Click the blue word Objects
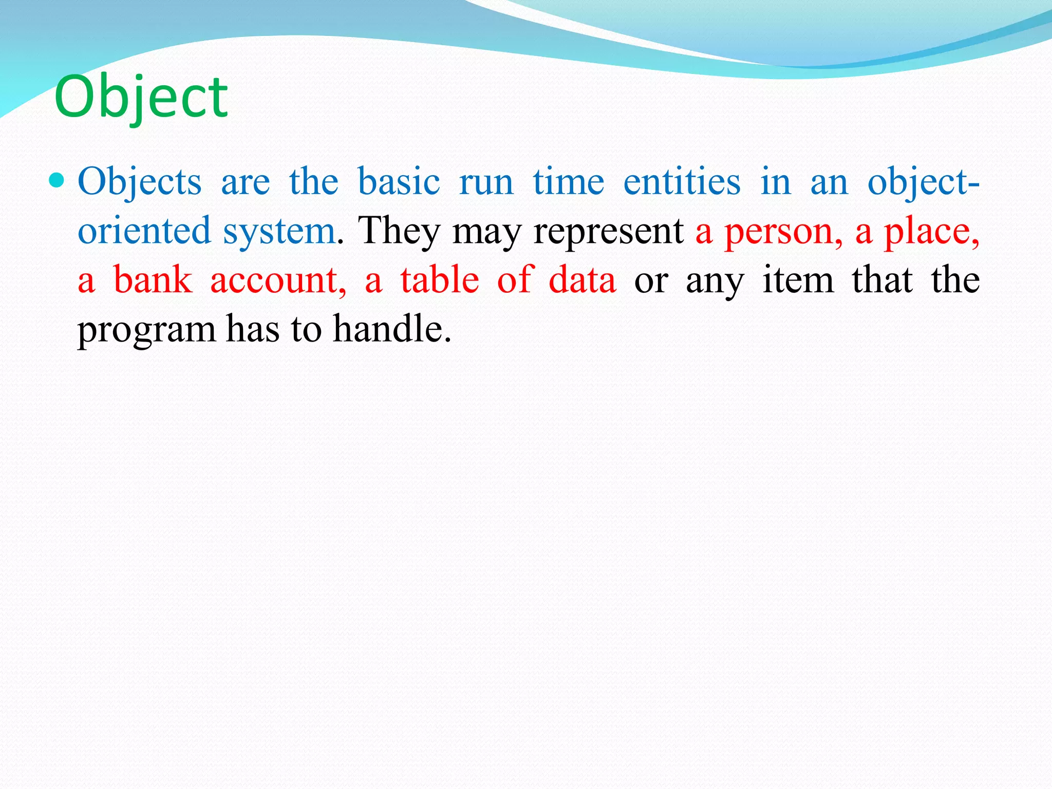139,182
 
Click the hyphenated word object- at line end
923,182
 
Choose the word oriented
144,231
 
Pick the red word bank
153,280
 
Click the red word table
439,280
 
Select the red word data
582,280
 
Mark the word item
798,280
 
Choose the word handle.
391,329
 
